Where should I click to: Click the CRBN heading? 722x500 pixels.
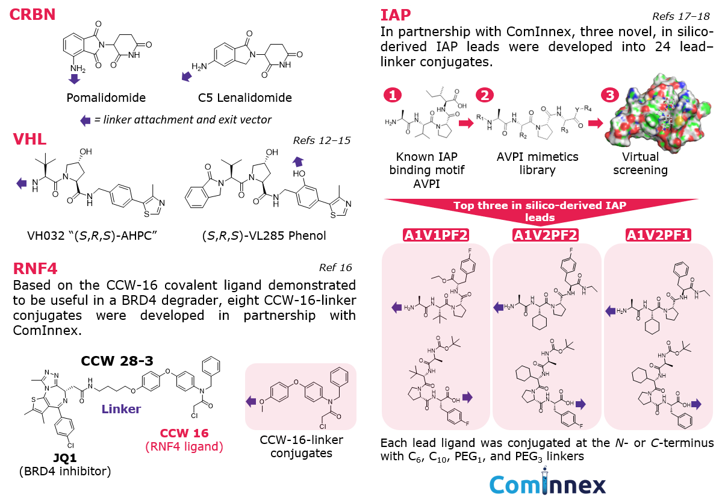point(32,14)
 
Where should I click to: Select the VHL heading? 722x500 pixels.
point(30,140)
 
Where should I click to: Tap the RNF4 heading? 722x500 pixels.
point(35,268)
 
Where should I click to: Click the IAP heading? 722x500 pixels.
point(395,14)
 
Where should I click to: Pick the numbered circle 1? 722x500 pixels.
point(393,95)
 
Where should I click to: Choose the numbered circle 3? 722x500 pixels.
point(611,95)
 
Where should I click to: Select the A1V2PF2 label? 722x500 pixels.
point(546,236)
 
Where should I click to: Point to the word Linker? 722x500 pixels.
point(121,409)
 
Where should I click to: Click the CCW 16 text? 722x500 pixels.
point(184,433)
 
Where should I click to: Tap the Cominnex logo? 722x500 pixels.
point(547,484)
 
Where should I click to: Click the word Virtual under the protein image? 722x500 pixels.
point(640,157)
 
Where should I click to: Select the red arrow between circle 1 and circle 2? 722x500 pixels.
point(466,123)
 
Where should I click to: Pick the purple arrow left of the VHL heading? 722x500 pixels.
point(22,183)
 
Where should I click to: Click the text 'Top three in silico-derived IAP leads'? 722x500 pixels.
point(540,211)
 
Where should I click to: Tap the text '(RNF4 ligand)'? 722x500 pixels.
point(184,447)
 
